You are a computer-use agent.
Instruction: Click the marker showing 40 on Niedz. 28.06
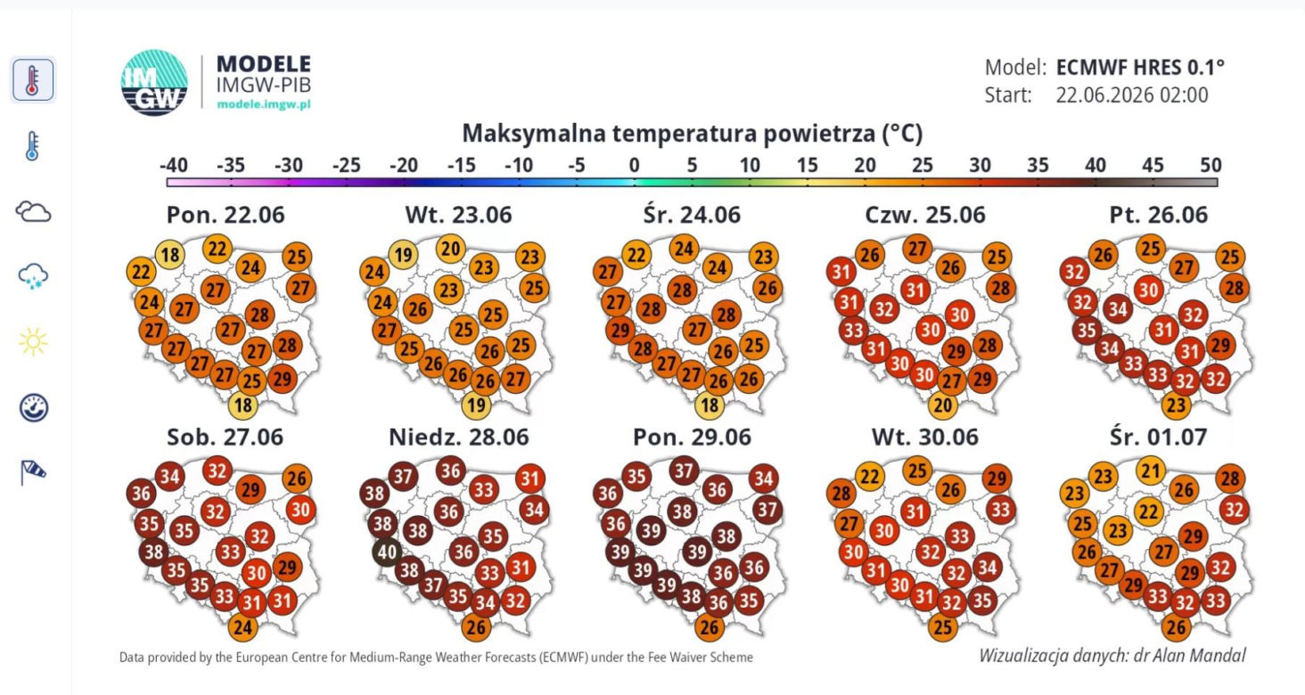(x=387, y=552)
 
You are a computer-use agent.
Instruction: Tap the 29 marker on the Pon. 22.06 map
(x=282, y=380)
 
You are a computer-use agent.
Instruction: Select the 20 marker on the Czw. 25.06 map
(x=942, y=405)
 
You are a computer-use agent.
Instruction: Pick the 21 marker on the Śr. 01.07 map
(x=1151, y=470)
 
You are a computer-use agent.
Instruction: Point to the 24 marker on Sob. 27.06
(x=243, y=627)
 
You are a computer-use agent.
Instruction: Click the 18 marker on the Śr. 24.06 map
(x=710, y=405)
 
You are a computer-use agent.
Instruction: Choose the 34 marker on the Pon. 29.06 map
(x=764, y=478)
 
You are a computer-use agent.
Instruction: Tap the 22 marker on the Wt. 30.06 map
(x=870, y=477)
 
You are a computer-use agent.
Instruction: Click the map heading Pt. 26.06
(x=1158, y=215)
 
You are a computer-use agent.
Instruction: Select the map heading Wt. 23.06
(x=458, y=215)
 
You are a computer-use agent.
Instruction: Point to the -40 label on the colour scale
(x=174, y=166)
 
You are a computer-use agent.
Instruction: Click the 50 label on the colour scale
(x=1211, y=166)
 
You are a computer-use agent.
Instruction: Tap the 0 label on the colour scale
(x=634, y=166)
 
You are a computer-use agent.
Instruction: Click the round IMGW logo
(x=154, y=82)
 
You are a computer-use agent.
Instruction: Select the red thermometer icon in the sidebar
(x=33, y=80)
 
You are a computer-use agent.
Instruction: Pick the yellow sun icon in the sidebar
(x=33, y=341)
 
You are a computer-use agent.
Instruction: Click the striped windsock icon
(x=33, y=472)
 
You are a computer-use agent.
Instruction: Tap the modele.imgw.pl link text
(x=264, y=105)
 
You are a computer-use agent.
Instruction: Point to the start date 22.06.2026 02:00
(x=1132, y=95)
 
